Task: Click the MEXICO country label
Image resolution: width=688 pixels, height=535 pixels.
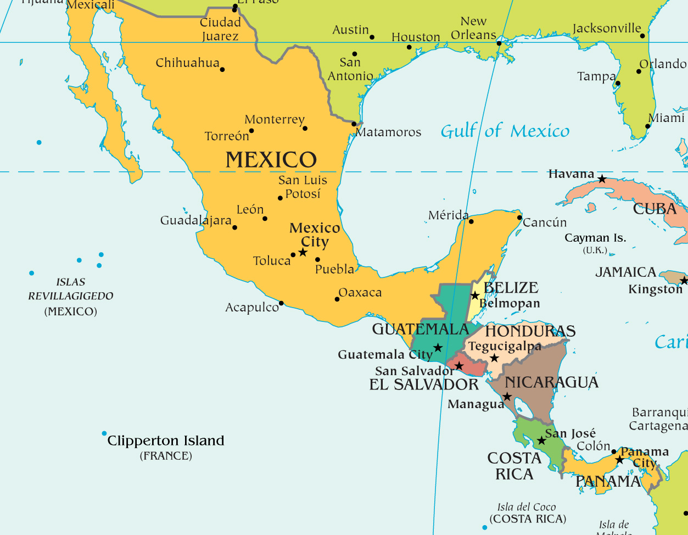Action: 271,160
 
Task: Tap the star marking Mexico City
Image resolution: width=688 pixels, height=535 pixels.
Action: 303,252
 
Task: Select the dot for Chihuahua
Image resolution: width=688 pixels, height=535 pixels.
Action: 222,69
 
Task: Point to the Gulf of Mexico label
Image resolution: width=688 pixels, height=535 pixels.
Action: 505,131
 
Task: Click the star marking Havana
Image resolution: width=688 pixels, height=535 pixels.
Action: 602,179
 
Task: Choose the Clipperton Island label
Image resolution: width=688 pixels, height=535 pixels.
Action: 166,441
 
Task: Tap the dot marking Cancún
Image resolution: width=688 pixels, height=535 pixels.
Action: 519,218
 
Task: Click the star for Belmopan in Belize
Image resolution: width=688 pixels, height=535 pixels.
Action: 475,296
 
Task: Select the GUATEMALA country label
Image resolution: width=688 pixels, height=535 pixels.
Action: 420,329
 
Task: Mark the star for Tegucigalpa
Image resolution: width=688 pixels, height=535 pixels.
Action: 494,358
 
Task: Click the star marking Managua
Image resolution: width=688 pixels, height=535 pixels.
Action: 507,397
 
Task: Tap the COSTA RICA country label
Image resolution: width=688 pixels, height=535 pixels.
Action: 514,466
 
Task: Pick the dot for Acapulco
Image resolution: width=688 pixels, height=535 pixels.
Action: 281,303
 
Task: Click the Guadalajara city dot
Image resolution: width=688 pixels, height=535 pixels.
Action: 235,227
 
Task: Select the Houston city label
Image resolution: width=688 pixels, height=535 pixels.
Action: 416,37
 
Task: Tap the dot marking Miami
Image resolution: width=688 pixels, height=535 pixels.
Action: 648,126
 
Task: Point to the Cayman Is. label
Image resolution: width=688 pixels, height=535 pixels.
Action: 595,238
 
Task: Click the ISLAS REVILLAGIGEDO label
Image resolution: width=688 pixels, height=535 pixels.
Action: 71,289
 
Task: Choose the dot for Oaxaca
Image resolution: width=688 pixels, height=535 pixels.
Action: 337,299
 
